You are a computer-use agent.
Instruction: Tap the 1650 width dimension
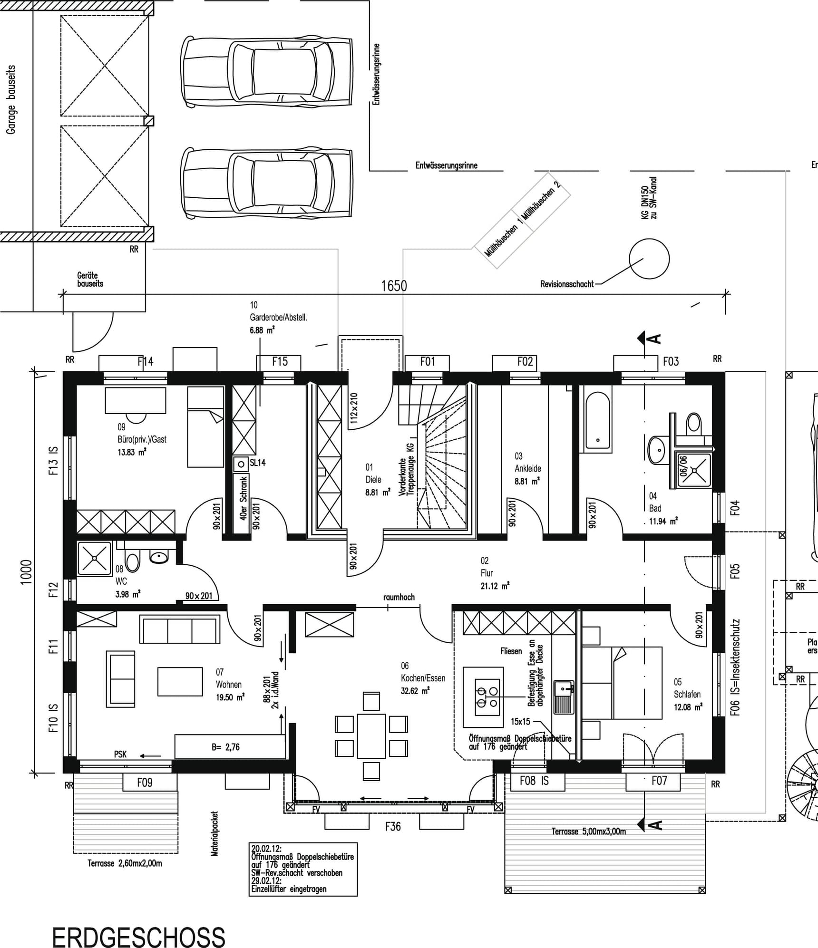[394, 286]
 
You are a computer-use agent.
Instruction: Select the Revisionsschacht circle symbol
[649, 259]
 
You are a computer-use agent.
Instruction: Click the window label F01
[428, 362]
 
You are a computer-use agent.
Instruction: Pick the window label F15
[280, 362]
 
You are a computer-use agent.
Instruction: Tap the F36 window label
[393, 826]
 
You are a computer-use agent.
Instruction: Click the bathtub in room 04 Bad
[597, 420]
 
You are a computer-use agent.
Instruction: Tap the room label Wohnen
[229, 685]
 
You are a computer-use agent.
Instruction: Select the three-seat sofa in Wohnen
[180, 629]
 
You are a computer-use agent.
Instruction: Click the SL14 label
[257, 463]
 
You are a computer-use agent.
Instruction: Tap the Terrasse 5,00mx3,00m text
[588, 831]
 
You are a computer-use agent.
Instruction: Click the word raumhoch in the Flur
[399, 597]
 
